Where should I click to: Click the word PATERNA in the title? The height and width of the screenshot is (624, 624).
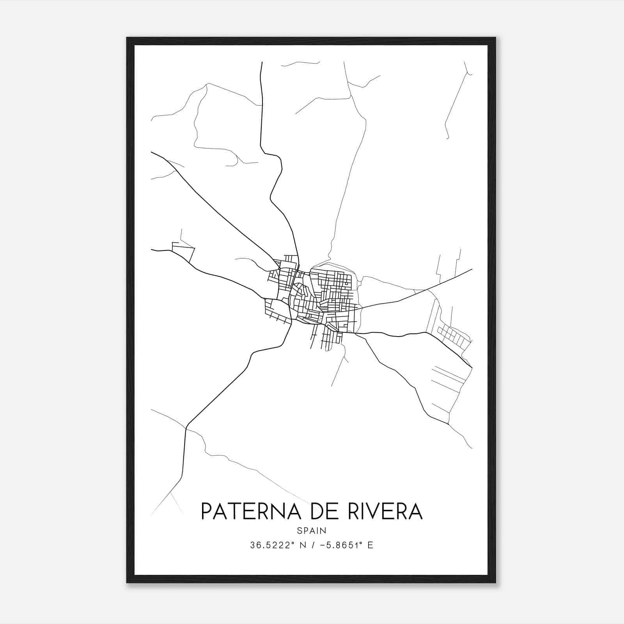(x=250, y=511)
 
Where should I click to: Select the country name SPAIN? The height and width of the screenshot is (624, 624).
(x=312, y=530)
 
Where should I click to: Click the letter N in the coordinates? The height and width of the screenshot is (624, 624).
(x=302, y=545)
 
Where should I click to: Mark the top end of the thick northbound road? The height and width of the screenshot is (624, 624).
(x=261, y=62)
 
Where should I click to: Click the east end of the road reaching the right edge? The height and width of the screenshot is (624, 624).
(x=472, y=269)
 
